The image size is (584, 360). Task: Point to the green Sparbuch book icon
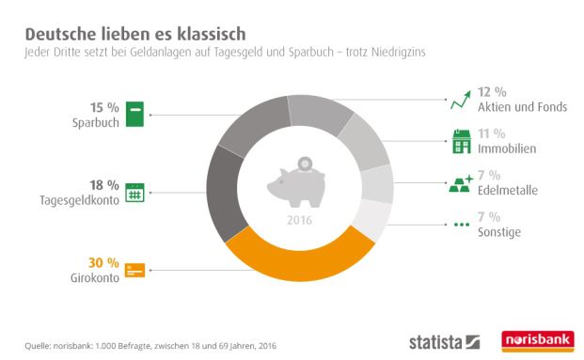coord(134,115)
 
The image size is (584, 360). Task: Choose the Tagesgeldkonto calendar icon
coord(134,193)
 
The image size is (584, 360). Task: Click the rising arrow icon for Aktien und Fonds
coord(460,99)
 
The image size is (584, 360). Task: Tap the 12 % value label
coord(492,91)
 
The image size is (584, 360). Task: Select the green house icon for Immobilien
coord(460,142)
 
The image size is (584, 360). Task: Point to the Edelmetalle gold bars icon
coord(460,184)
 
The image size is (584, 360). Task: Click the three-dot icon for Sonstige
coord(460,226)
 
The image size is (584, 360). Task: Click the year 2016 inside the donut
coord(298,222)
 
